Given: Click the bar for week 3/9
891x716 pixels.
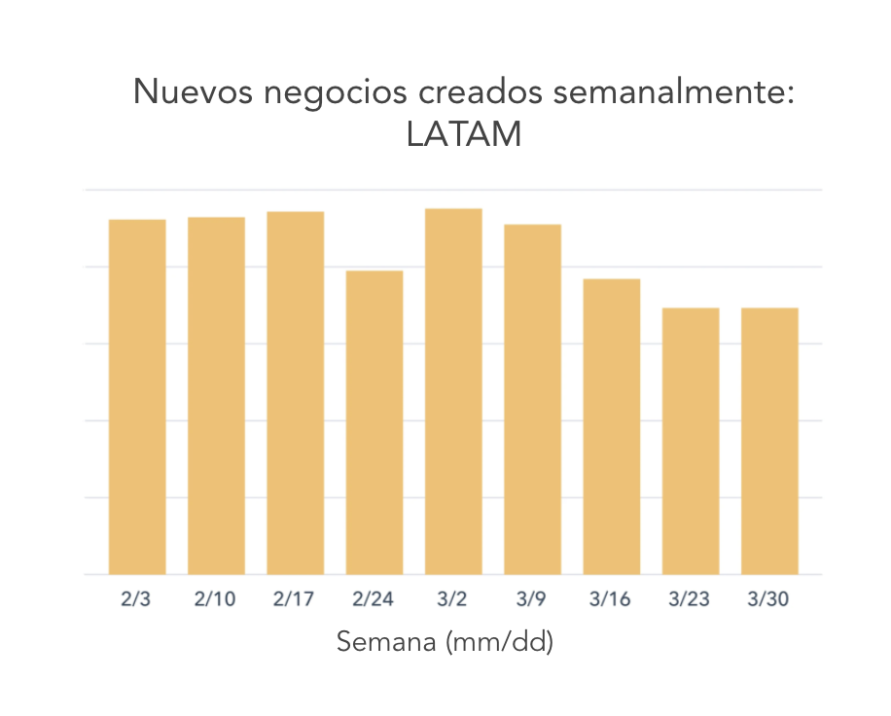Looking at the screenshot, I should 532,399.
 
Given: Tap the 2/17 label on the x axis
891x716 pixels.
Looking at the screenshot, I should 294,599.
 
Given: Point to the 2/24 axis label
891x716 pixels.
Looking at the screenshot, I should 373,599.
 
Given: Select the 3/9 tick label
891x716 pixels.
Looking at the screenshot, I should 531,599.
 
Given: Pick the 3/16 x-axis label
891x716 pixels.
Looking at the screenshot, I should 610,599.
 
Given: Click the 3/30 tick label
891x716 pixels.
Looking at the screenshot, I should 768,599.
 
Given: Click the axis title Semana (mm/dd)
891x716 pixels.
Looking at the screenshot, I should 445,642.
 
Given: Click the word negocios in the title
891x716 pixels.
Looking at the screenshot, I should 336,93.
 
